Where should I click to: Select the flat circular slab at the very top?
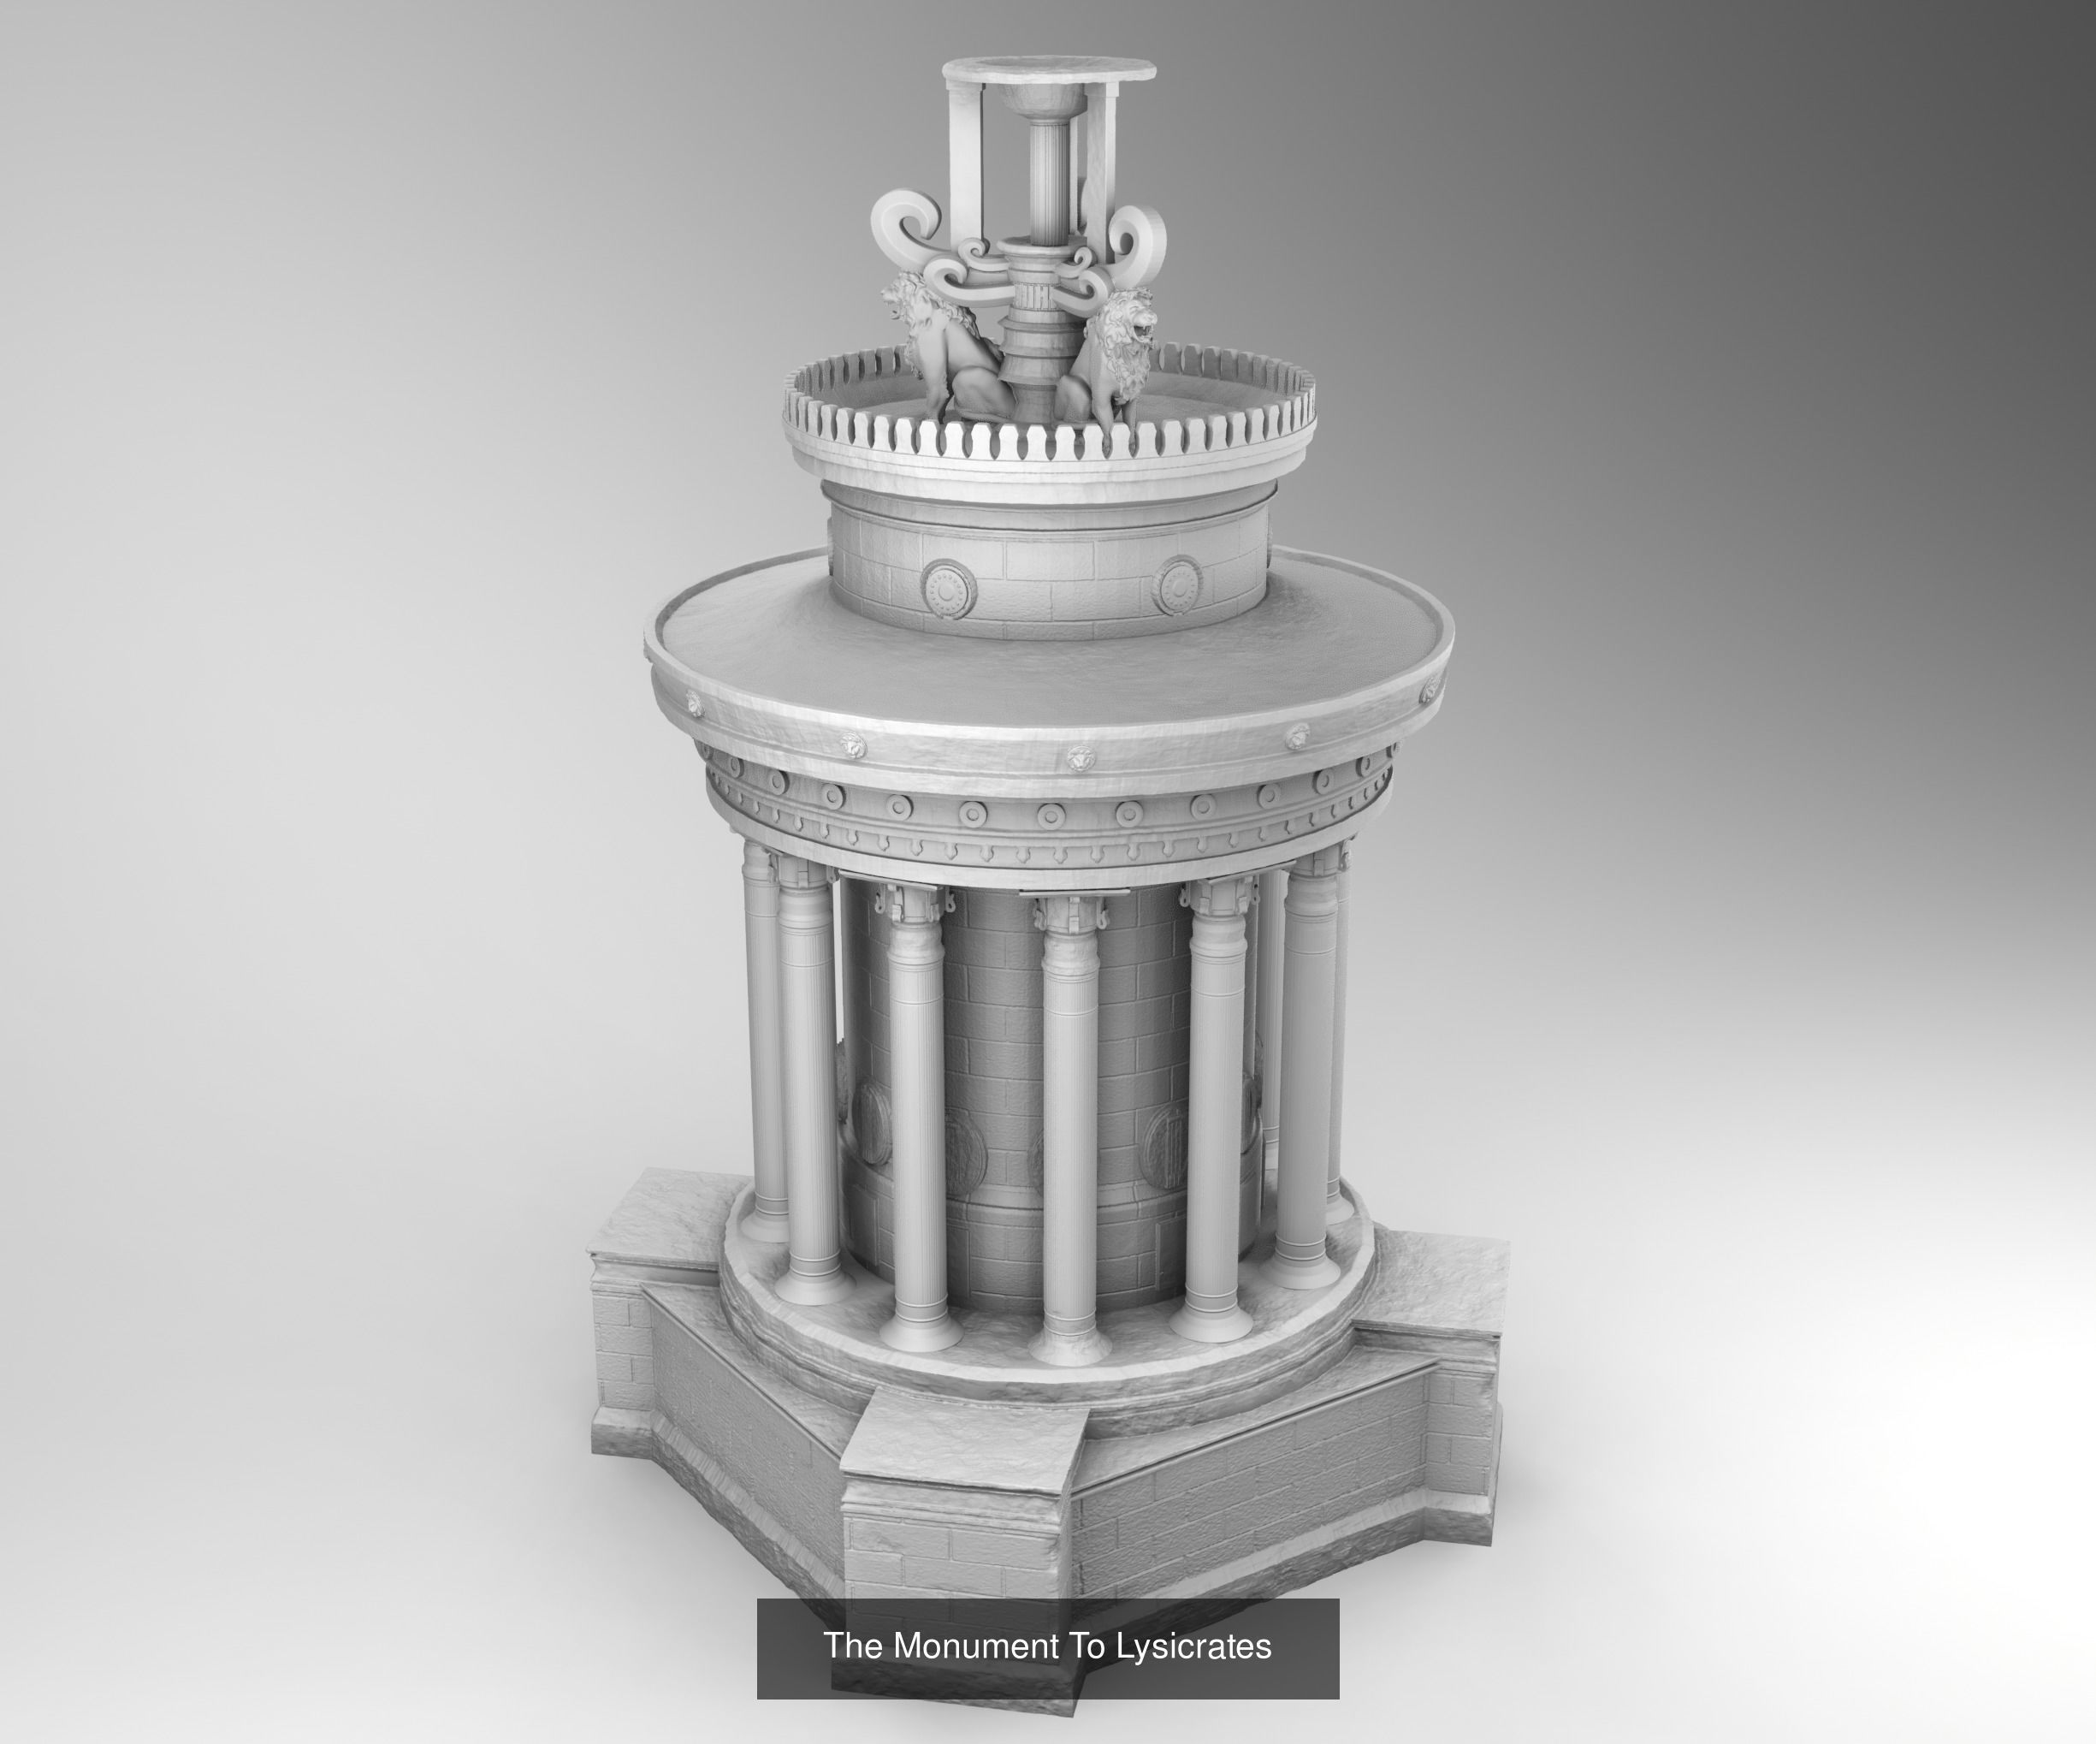click(x=1049, y=71)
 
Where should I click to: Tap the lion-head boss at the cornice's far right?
click(x=1431, y=689)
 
